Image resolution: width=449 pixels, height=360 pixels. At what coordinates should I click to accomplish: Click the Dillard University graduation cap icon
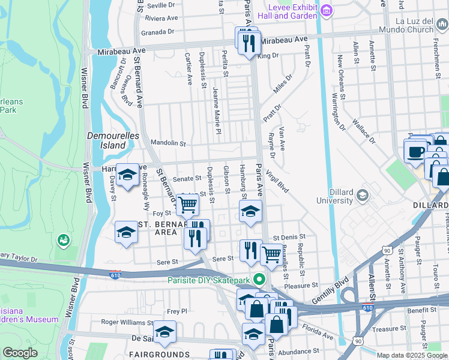tap(362, 196)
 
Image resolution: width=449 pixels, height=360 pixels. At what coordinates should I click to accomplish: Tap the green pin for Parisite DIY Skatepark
tap(259, 279)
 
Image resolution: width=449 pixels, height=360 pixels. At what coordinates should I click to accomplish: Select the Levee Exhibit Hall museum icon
tap(326, 10)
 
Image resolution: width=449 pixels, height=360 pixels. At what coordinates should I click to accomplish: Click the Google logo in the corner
tap(20, 352)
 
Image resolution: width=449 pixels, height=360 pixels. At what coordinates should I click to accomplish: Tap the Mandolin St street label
tap(168, 144)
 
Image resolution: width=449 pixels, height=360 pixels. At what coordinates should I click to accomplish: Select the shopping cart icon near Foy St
tap(188, 204)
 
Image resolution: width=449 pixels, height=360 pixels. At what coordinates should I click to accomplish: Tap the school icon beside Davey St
tap(127, 175)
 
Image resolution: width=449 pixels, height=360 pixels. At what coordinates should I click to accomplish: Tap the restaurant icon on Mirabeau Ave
tap(249, 43)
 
